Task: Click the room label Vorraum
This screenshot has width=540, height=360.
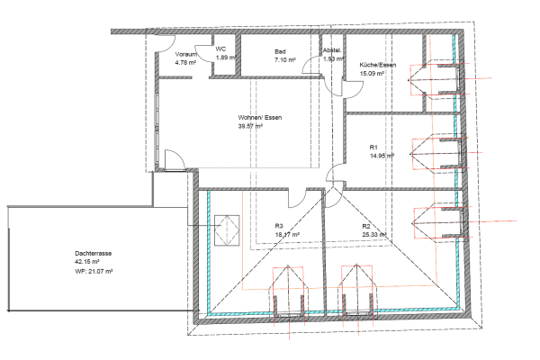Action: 186,55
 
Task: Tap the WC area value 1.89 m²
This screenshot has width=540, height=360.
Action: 225,58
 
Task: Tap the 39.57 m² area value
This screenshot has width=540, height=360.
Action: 250,127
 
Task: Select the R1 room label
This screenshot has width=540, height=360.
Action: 373,147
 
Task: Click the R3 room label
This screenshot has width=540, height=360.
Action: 279,226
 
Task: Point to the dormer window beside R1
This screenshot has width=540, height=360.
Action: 436,153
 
